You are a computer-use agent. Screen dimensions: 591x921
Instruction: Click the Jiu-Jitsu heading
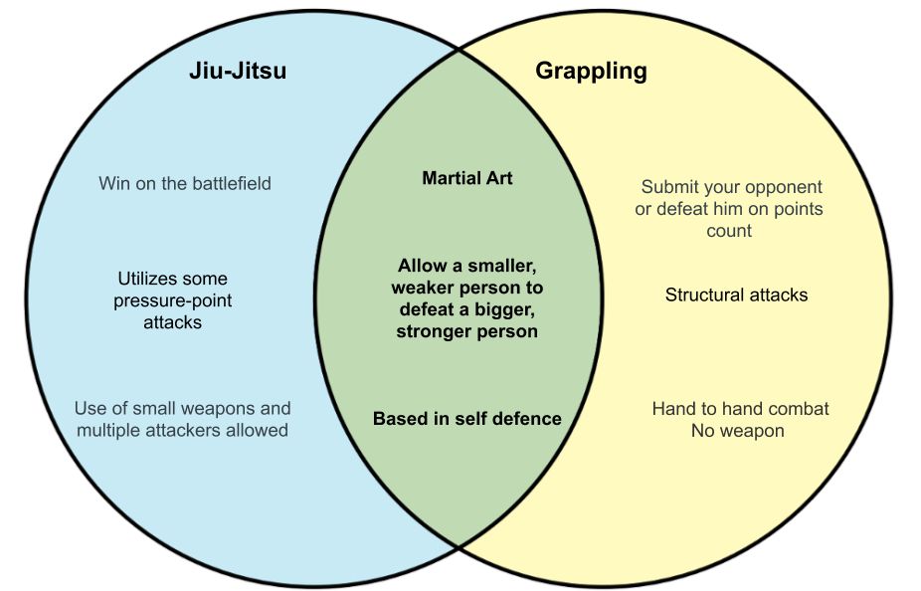click(238, 72)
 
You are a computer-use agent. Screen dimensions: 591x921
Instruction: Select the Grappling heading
click(591, 72)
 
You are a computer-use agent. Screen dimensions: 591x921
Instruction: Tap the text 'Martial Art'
click(467, 179)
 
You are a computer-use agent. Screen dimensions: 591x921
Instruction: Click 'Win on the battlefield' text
click(185, 183)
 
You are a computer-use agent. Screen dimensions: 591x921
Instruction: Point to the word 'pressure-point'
click(172, 300)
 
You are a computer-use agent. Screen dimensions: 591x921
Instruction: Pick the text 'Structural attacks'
click(736, 295)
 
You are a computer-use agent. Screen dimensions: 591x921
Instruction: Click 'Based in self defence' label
click(467, 419)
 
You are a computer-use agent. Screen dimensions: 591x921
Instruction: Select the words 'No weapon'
click(738, 431)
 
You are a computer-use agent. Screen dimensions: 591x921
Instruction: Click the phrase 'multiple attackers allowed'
click(182, 430)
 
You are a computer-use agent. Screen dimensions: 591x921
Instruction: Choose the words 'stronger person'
click(467, 331)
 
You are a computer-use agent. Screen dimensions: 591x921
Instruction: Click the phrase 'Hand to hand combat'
click(740, 409)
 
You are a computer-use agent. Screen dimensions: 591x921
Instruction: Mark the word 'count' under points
click(729, 231)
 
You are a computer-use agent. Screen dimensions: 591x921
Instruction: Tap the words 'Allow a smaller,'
click(467, 266)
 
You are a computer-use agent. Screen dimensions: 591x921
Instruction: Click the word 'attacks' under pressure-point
click(172, 322)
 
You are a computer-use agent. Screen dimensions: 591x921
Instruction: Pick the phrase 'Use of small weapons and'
click(183, 408)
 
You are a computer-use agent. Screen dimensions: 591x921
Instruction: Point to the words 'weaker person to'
click(467, 288)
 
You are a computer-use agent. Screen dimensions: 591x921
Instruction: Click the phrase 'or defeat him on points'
click(729, 209)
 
